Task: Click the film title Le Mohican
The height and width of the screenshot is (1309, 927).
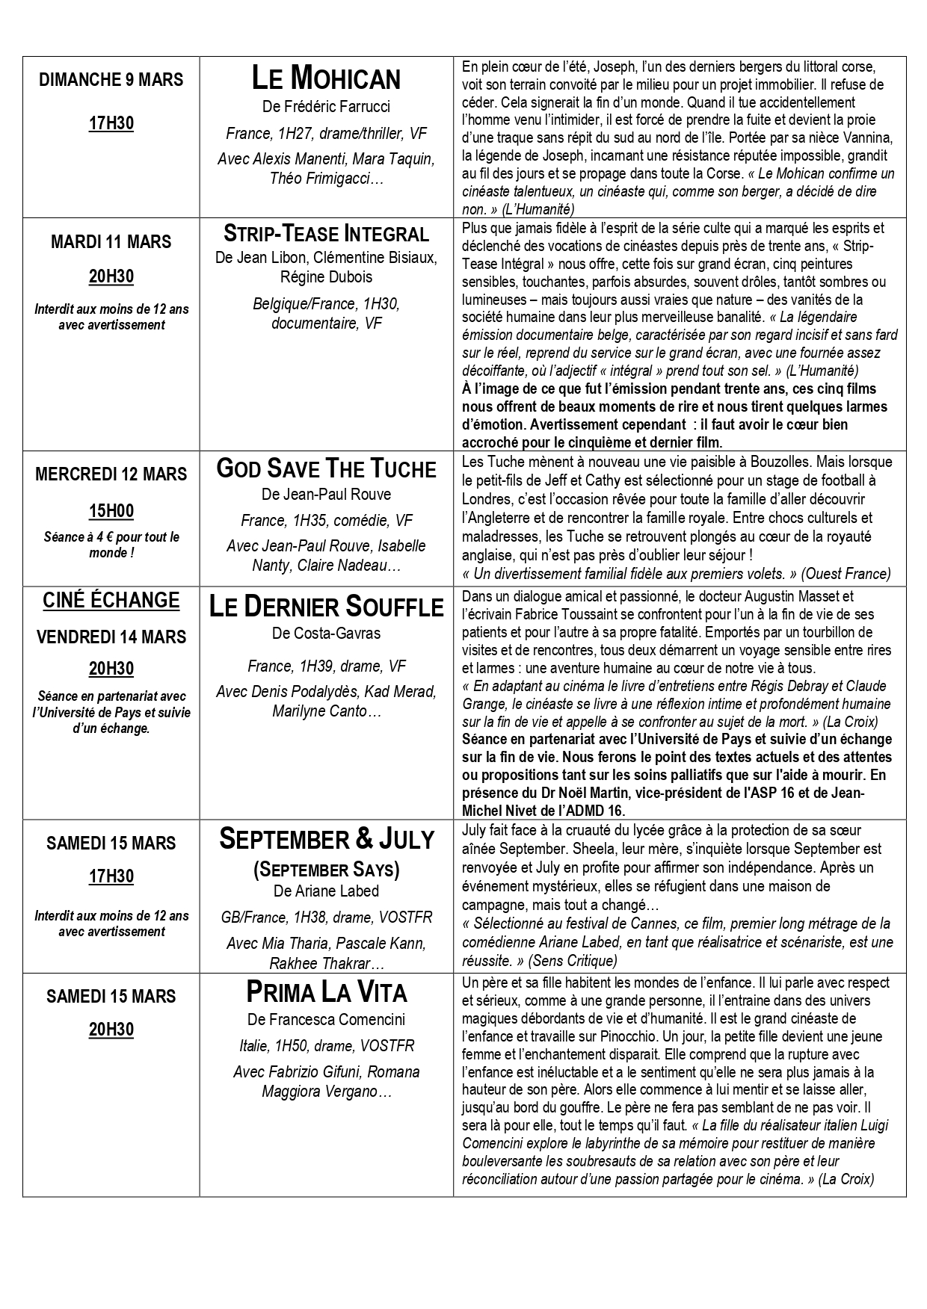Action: tap(326, 78)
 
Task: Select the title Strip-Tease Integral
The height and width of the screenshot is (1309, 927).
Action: tap(326, 233)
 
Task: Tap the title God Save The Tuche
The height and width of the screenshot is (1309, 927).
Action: tap(326, 468)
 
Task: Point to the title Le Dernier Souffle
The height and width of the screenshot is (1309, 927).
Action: tap(326, 606)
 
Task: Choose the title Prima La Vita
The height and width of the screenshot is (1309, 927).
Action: tap(326, 992)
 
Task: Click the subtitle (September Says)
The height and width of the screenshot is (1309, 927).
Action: tap(326, 869)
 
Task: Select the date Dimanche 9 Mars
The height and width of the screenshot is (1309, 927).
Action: tap(111, 80)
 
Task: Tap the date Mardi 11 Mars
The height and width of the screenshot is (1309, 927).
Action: tap(111, 242)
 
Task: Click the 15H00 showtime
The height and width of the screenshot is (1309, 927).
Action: tap(111, 511)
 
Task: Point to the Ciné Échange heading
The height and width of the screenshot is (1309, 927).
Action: tap(111, 601)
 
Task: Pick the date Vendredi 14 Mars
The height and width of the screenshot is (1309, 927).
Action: tap(111, 637)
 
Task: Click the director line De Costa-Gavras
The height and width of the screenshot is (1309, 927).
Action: tap(326, 634)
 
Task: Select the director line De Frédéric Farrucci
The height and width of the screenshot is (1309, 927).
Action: tap(326, 107)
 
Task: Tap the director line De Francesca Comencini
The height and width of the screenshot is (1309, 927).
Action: tap(326, 1019)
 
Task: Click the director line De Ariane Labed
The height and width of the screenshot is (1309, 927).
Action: tap(326, 891)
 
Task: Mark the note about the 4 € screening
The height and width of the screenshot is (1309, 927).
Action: tap(111, 545)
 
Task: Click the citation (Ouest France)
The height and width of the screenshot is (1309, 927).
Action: tap(845, 574)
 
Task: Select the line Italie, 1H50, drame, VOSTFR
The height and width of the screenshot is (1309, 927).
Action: tap(326, 1045)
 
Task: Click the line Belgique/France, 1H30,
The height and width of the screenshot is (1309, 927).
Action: tap(326, 304)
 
